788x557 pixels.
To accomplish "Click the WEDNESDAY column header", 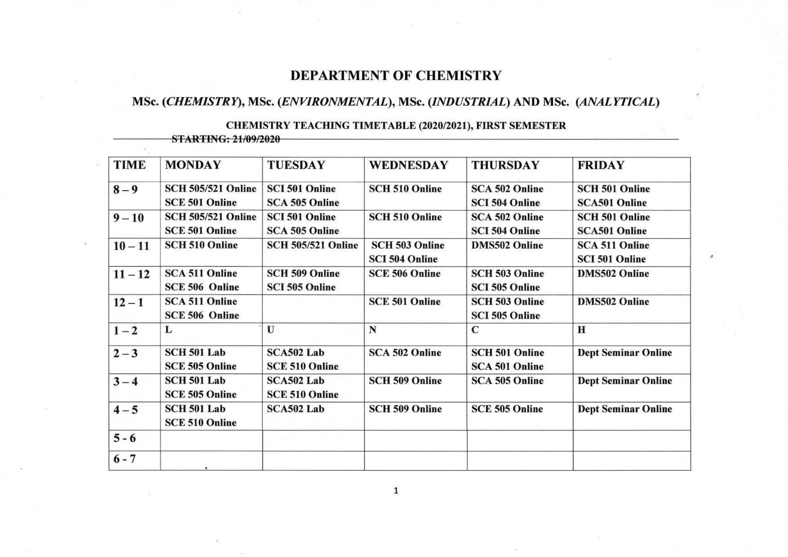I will (408, 165).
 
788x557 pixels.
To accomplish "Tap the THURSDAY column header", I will (505, 165).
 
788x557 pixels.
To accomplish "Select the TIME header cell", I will (130, 165).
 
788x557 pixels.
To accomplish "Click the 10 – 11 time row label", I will (132, 246).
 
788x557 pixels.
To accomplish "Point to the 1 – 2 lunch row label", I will (126, 331).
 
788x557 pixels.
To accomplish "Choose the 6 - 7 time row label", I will (124, 459).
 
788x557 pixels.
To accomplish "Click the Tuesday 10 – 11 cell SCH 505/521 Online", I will (312, 245).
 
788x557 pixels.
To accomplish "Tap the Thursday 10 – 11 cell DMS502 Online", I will (507, 245).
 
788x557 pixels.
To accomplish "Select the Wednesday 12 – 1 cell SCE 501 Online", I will (404, 302).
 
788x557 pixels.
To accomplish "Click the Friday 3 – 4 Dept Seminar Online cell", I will (624, 381).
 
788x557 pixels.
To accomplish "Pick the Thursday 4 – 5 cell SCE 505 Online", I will (507, 409).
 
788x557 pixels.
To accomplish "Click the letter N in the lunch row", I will (373, 330).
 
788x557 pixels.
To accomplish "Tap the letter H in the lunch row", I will (581, 330).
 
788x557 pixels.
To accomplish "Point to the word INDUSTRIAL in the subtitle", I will (468, 102).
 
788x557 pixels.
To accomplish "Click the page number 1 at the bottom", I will (396, 491).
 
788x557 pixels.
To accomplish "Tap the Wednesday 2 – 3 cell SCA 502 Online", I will (405, 352).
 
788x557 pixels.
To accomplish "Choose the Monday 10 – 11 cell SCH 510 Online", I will (201, 245).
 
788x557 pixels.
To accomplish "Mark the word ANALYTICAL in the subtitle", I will (617, 102).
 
